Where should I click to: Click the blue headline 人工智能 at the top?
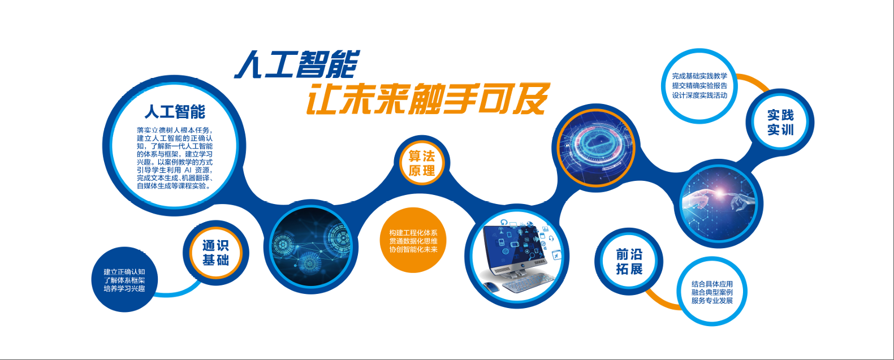coord(297,64)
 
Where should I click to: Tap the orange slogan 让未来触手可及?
coord(428,99)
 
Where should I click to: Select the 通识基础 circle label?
coord(215,253)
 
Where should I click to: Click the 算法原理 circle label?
coord(421,163)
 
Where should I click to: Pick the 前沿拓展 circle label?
coord(629,262)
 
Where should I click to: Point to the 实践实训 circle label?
coord(780,123)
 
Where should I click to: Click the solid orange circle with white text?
coord(413,240)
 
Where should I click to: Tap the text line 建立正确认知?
coord(124,272)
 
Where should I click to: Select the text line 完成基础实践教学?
coord(699,76)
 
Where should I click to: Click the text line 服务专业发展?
coord(712,301)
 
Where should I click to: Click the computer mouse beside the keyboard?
coord(491,286)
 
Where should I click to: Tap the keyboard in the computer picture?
coord(528,282)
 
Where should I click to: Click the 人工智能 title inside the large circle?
coord(175,112)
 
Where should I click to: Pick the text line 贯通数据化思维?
coord(413,241)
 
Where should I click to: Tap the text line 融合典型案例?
coord(712,292)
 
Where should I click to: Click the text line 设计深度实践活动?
coord(699,96)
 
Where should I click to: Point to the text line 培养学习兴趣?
coord(124,289)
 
